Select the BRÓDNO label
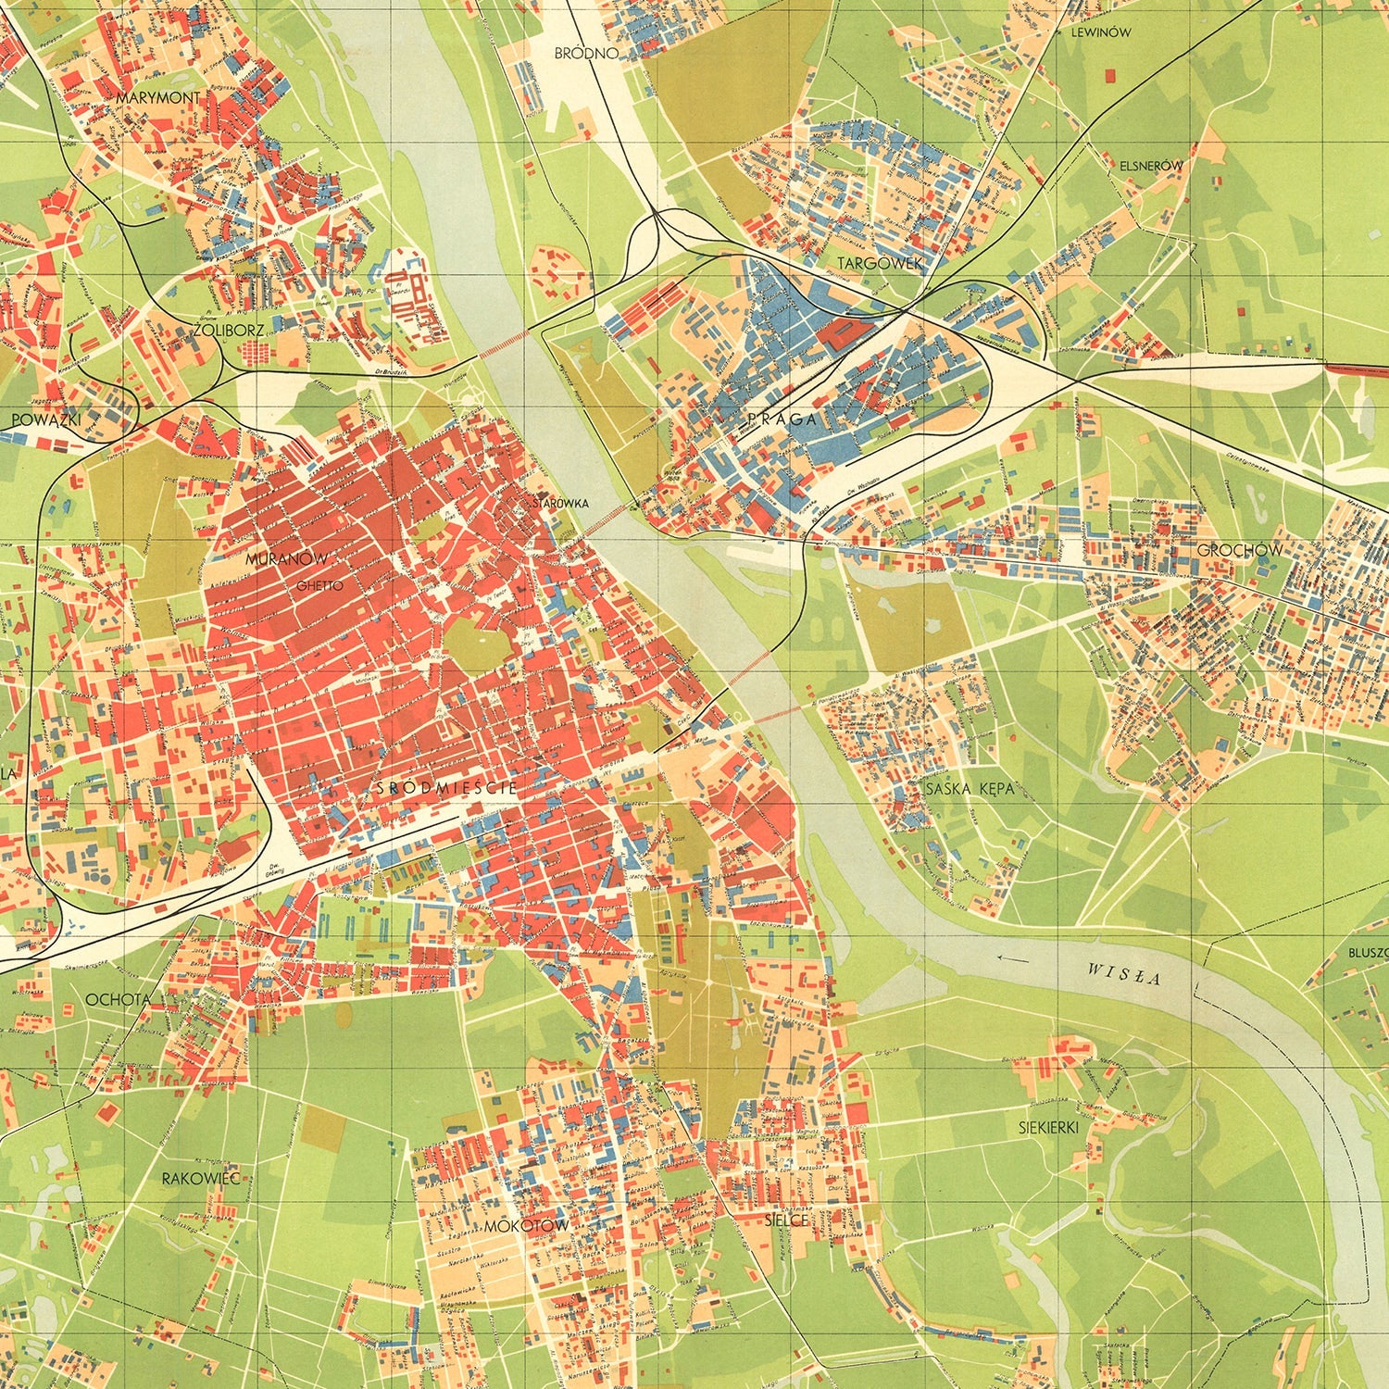[585, 54]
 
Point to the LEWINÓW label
[1100, 31]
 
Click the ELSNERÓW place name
[1151, 166]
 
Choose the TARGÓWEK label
[881, 264]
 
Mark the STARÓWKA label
[562, 504]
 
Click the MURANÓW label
[287, 559]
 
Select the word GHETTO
[319, 586]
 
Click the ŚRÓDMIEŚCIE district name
[446, 788]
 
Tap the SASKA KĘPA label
[970, 789]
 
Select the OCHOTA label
[118, 1000]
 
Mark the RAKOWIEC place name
[201, 1179]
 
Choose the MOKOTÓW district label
[526, 1226]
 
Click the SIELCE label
[790, 1220]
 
